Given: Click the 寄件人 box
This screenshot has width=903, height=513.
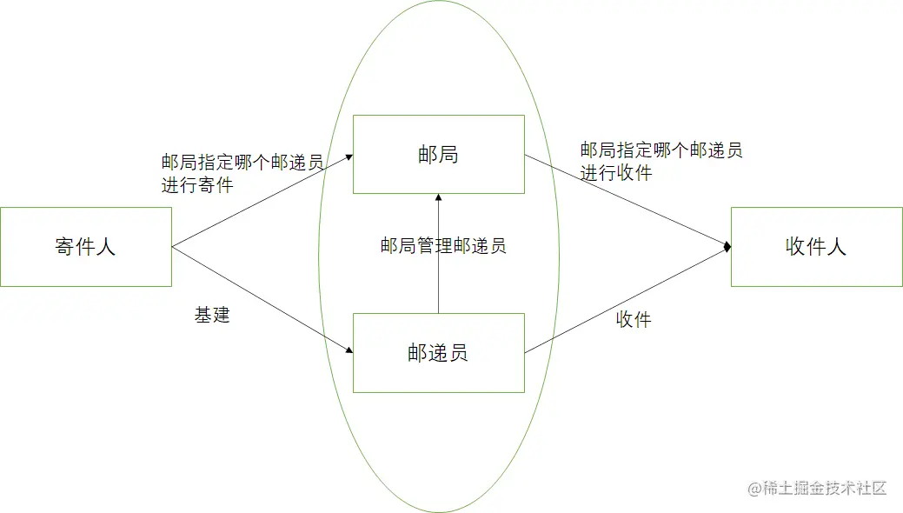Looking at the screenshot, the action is [x=85, y=247].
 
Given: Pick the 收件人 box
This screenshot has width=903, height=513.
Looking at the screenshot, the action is [x=816, y=247].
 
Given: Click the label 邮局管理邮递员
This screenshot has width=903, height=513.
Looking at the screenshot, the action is [x=442, y=245].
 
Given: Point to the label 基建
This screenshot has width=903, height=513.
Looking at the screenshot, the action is [x=212, y=315].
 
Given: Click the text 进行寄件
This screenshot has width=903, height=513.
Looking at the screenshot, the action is [x=196, y=184].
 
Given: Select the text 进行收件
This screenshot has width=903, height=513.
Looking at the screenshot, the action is [x=616, y=172].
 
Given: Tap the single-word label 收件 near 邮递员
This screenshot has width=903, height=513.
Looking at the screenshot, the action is [x=634, y=319].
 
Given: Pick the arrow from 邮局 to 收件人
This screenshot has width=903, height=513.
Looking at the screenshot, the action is [x=626, y=201].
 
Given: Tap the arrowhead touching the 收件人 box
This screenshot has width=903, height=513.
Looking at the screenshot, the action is [x=727, y=248].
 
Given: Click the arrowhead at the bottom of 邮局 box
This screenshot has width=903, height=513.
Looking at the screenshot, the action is [x=438, y=197].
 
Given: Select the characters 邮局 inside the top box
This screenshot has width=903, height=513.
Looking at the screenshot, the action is [x=438, y=155].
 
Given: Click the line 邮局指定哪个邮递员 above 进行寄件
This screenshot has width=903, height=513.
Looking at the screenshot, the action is [x=242, y=163].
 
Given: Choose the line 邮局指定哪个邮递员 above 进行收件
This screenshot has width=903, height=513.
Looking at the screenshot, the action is [x=661, y=150].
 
